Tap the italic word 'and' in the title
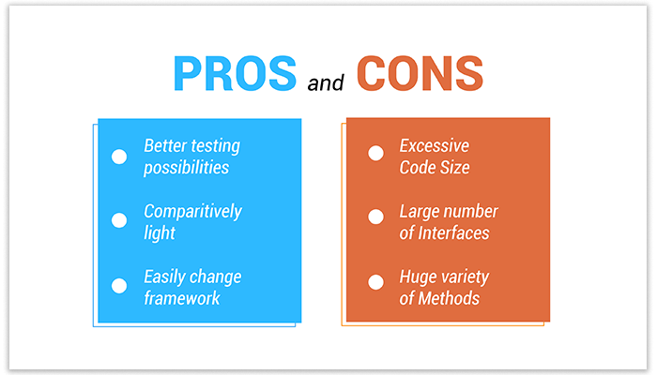click(x=328, y=84)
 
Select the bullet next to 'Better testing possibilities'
click(x=119, y=157)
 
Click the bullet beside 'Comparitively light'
click(x=119, y=221)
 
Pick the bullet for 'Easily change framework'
click(x=119, y=287)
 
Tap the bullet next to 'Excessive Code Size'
click(x=375, y=152)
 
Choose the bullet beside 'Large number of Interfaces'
click(x=375, y=217)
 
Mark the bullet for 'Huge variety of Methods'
click(x=375, y=281)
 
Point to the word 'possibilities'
click(x=186, y=169)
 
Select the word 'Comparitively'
click(x=192, y=212)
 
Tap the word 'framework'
click(x=181, y=298)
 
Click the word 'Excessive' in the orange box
click(x=434, y=146)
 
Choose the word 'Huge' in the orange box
click(x=419, y=277)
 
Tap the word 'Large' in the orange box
click(x=420, y=212)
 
